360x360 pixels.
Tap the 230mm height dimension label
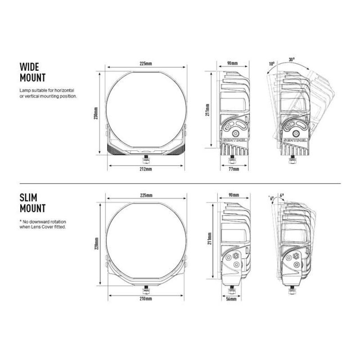96,112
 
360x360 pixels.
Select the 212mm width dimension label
146,169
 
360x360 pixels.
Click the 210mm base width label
146,299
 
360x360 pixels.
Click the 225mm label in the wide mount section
146,64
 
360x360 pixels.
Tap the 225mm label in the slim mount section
146,195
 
